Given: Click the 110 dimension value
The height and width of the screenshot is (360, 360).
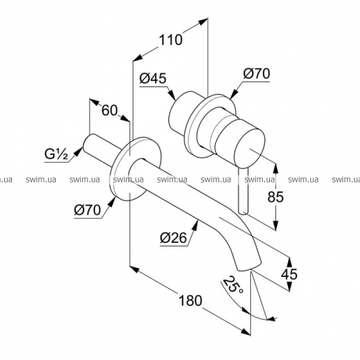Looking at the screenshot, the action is [170, 40].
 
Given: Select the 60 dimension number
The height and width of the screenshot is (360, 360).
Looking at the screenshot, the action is [110, 110].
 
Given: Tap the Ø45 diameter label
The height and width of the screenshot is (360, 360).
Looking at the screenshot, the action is [152, 78].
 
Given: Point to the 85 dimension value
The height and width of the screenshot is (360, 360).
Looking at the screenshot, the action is [275, 197].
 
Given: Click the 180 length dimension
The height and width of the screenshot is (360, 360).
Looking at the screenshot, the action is [190, 301].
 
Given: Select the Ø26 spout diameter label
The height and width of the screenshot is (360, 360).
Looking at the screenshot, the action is [173, 238].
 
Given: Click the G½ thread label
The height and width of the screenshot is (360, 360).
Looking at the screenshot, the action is [56, 154].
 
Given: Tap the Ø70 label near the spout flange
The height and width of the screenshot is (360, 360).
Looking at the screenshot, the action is [88, 210].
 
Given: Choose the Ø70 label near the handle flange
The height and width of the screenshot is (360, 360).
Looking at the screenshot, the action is [257, 74].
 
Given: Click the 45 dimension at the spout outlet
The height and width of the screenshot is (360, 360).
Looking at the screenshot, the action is [289, 274].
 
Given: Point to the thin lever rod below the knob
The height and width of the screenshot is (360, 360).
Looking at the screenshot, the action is [243, 191].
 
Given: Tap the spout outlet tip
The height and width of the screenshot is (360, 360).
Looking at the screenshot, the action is [250, 266].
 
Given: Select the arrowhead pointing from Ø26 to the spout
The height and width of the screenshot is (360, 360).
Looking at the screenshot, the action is [195, 225].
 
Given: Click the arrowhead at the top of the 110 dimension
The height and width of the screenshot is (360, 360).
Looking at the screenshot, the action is [203, 22].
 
